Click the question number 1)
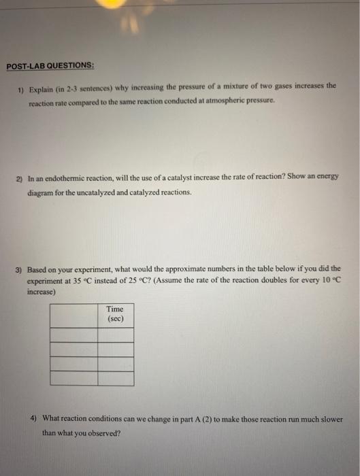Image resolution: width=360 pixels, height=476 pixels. [x=22, y=88]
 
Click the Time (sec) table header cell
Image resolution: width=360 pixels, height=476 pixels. [x=115, y=313]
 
